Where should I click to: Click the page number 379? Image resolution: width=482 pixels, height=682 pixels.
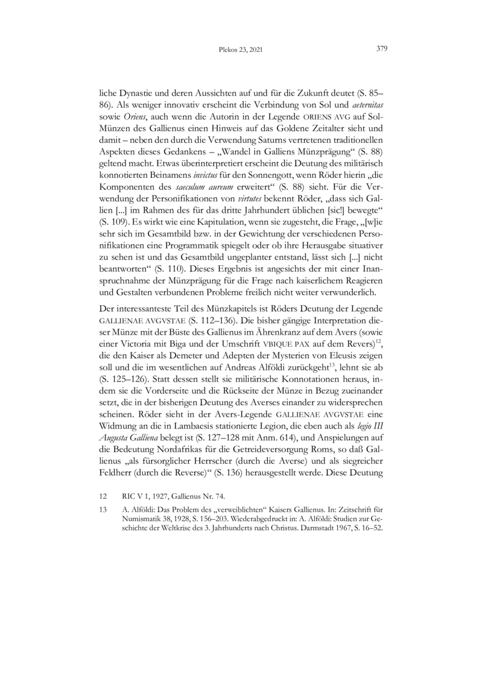coord(381,49)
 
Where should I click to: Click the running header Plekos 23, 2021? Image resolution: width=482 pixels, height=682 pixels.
coord(241,50)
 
